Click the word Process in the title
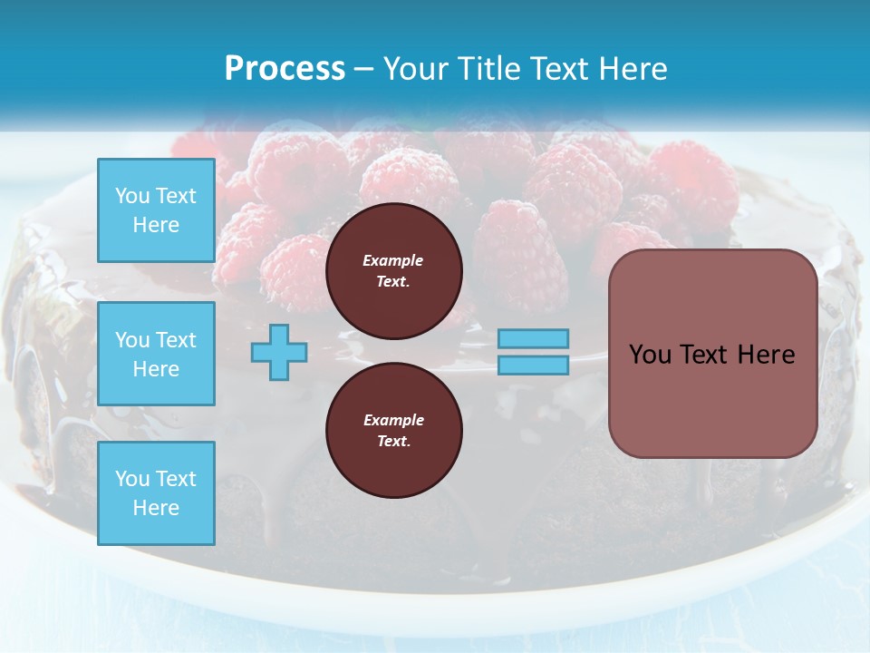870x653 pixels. click(285, 68)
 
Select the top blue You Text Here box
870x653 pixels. click(156, 210)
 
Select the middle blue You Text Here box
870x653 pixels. click(156, 354)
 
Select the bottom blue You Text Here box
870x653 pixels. click(156, 493)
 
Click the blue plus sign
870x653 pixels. click(279, 352)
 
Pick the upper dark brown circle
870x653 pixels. click(394, 270)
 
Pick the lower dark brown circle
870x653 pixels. click(394, 430)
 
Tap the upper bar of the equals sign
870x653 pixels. click(534, 338)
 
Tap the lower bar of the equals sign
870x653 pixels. click(534, 365)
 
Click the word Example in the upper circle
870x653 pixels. click(393, 260)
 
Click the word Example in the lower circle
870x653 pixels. click(393, 420)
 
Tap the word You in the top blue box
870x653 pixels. click(132, 196)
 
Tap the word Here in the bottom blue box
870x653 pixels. click(156, 508)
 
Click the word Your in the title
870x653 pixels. click(415, 68)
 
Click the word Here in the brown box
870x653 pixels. click(766, 355)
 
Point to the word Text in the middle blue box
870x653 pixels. click(176, 340)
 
